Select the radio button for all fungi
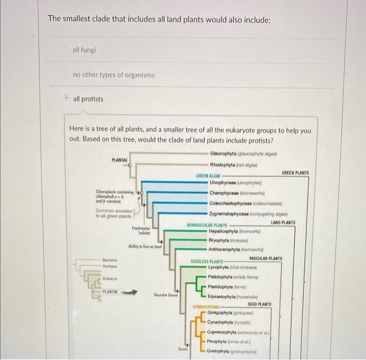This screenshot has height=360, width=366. tap(66, 50)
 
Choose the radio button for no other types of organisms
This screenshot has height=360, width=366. tap(66, 75)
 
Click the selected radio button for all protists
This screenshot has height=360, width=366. tap(66, 99)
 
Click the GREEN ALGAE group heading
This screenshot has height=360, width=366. tap(208, 176)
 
